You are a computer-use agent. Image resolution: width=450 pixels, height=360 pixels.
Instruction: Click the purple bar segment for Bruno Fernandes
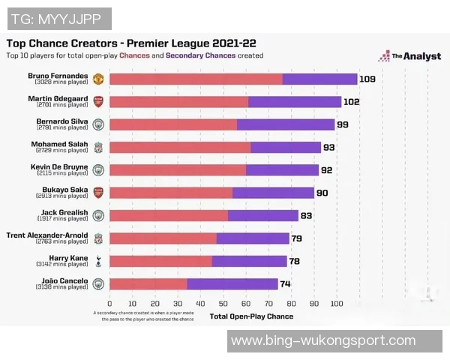319,79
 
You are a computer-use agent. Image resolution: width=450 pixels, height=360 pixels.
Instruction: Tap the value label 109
367,79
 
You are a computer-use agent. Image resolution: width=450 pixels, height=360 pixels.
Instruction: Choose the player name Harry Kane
69,258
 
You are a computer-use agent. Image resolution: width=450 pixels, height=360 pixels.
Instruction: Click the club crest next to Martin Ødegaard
98,101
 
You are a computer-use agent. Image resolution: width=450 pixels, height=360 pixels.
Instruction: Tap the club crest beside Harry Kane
98,261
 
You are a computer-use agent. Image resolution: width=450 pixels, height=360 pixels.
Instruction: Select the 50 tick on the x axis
223,304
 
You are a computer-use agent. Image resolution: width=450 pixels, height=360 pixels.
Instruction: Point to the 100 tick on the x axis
336,304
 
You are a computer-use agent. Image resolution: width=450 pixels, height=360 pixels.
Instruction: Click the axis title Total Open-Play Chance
251,316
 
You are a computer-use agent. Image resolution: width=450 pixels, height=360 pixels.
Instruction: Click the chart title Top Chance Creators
75,43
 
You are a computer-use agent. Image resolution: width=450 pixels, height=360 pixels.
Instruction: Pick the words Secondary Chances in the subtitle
200,55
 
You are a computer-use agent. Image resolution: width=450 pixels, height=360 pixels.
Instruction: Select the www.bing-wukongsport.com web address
322,340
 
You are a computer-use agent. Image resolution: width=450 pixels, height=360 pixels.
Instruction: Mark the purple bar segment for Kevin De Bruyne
282,169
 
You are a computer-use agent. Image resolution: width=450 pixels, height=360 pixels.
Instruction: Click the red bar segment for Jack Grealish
169,215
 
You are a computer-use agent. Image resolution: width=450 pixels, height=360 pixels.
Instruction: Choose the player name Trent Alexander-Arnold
47,235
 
